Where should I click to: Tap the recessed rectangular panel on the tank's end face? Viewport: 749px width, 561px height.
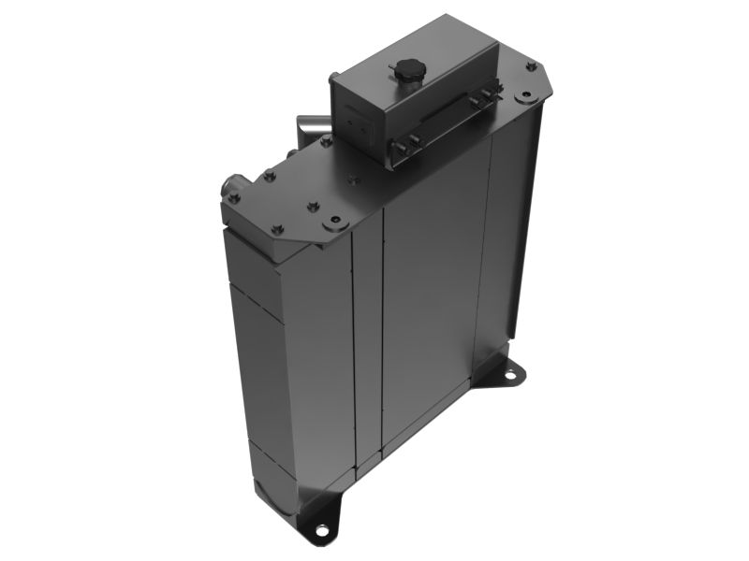pos(356,120)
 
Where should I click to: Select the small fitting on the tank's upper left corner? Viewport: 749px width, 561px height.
pos(332,79)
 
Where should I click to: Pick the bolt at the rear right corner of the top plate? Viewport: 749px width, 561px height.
pos(531,66)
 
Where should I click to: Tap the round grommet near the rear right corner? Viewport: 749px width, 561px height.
pos(525,94)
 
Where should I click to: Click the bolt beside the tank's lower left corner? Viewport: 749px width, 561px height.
pos(326,142)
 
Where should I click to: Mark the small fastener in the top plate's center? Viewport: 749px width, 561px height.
pos(352,180)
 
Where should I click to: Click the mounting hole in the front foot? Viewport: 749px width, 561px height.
pos(322,530)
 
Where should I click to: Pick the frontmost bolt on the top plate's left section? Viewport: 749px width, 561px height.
pos(277,229)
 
